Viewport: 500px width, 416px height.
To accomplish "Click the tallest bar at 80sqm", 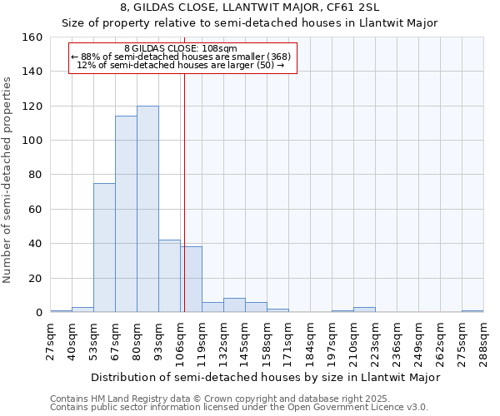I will click(147, 209).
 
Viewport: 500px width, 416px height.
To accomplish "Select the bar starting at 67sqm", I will click(126, 214).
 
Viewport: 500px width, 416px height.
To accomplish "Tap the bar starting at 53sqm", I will click(104, 248).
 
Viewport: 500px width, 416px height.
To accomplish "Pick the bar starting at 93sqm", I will click(169, 276).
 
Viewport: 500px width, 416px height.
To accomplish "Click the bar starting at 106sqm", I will click(191, 280).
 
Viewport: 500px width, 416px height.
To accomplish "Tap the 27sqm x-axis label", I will click(51, 341).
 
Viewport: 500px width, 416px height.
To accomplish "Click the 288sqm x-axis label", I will click(483, 341).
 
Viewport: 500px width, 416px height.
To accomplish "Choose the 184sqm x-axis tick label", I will click(310, 341).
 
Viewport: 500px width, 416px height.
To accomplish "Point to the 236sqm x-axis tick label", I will click(397, 341).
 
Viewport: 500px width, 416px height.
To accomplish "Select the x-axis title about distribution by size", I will click(265, 377).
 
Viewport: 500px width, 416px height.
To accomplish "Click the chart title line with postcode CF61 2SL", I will click(250, 7).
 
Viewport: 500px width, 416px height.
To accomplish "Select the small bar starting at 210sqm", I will click(364, 310).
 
